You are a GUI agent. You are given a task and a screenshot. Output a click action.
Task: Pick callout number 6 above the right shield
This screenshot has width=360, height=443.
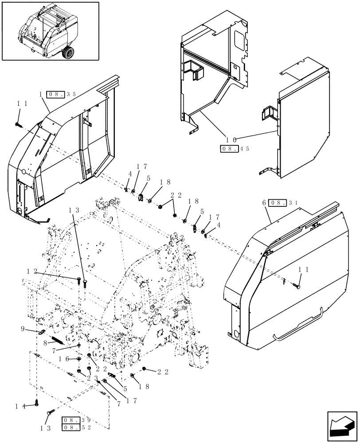coord(264,202)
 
